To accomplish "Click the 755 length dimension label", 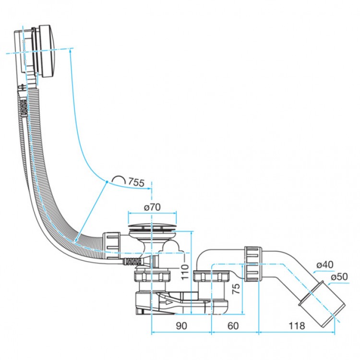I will click(136, 182).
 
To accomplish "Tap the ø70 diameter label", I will click(152, 207).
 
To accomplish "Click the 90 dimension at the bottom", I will click(181, 326).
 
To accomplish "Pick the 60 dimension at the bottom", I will click(233, 326).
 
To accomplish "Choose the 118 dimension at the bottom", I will click(297, 326).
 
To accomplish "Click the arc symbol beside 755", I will click(119, 180).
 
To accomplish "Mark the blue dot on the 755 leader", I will click(106, 181).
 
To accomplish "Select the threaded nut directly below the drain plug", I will click(153, 277).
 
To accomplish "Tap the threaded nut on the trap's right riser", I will click(212, 277).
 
